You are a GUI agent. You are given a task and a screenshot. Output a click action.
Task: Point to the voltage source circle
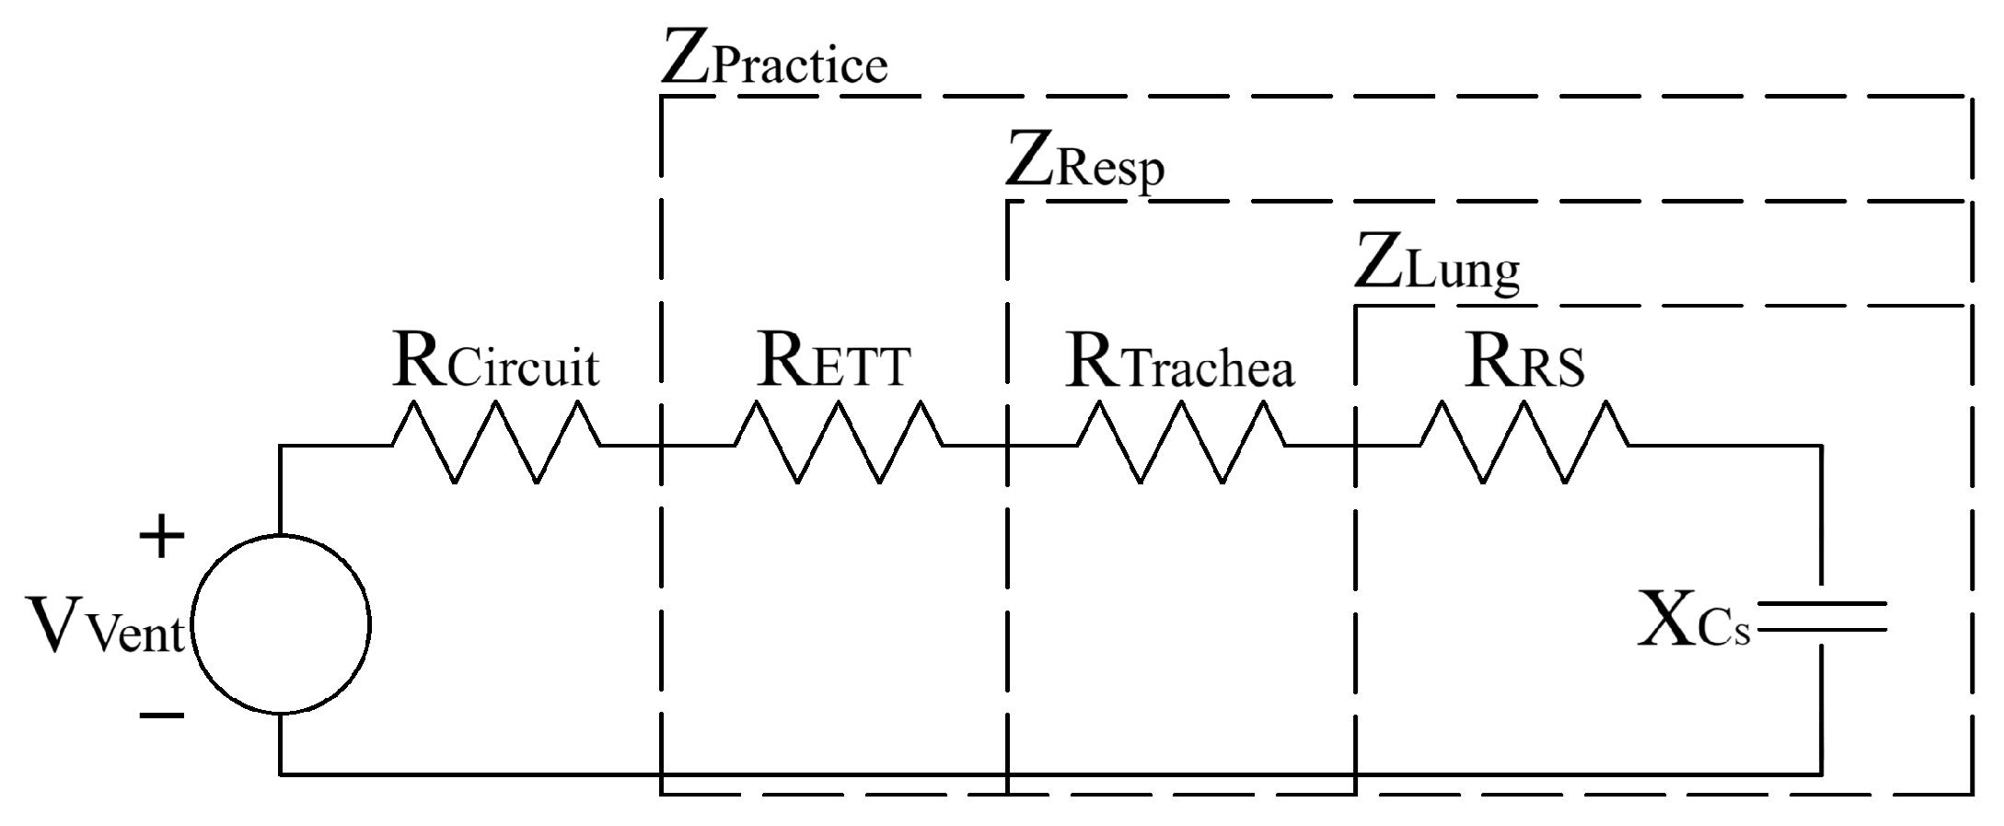[x=281, y=624]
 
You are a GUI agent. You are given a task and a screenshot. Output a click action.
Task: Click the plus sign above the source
[x=161, y=537]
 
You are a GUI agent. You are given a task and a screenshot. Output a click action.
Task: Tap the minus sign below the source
[x=161, y=715]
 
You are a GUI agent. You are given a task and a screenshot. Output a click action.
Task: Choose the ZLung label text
[x=1436, y=267]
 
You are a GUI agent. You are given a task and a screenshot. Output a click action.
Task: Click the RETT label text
[x=834, y=361]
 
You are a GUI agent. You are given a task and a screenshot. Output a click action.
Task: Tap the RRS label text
[x=1525, y=361]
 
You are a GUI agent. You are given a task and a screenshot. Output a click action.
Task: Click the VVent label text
[x=106, y=626]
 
